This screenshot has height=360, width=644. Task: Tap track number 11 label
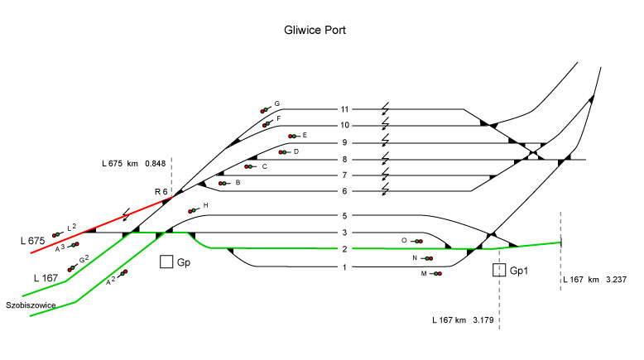(x=344, y=108)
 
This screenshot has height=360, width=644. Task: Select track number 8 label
(x=344, y=159)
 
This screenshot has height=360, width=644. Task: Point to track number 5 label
(x=344, y=216)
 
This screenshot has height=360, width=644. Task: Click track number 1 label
(x=344, y=266)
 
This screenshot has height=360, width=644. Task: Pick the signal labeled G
(x=266, y=108)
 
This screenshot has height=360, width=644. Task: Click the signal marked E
(x=291, y=136)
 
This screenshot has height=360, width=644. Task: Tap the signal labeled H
(x=194, y=209)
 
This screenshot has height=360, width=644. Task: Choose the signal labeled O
(x=416, y=241)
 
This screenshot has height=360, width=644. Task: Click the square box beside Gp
(x=166, y=262)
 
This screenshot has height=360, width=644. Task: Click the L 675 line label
(x=32, y=240)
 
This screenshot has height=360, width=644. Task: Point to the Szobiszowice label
(x=30, y=305)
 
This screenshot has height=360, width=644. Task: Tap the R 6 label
(x=161, y=192)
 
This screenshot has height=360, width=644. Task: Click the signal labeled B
(x=223, y=183)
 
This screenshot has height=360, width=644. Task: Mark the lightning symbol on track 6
(x=385, y=191)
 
